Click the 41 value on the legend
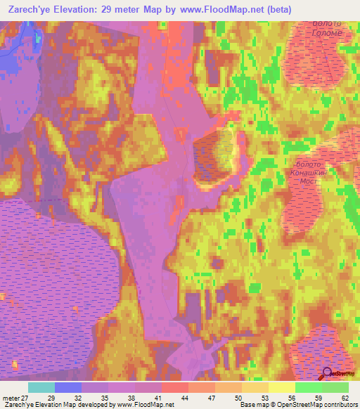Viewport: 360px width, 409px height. click(x=161, y=397)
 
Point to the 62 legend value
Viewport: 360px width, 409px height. click(x=344, y=397)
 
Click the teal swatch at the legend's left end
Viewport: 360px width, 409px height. click(x=41, y=387)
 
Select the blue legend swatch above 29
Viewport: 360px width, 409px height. click(x=68, y=387)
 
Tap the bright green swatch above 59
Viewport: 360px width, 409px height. click(x=309, y=387)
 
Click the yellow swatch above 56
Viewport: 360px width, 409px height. click(x=282, y=387)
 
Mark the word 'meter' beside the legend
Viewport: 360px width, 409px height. click(x=12, y=397)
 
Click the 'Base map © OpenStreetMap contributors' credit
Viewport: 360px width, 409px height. click(x=298, y=405)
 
